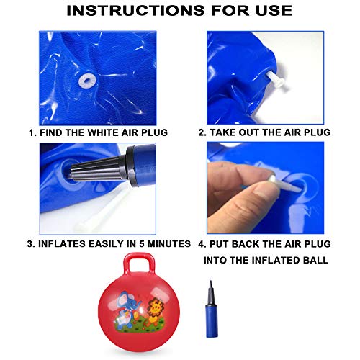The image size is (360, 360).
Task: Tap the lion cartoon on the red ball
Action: point(154,310)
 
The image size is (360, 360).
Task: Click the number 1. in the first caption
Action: point(32,132)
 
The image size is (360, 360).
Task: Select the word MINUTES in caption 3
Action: point(166,243)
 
